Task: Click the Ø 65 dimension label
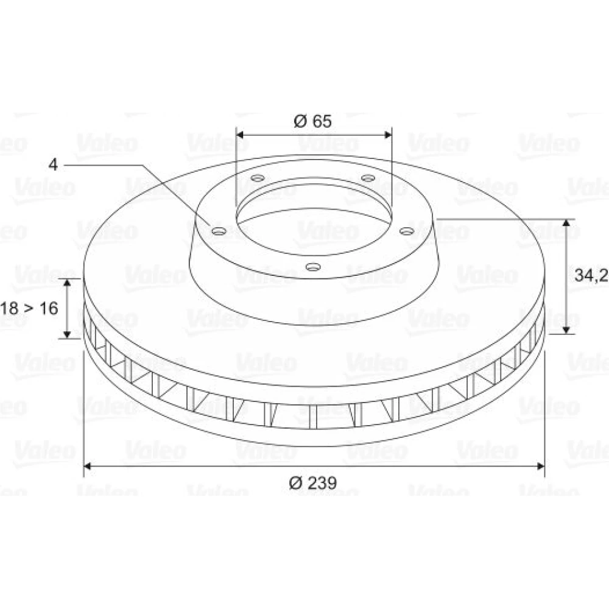click(x=313, y=121)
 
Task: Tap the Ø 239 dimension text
click(x=312, y=483)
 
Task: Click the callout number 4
click(x=53, y=164)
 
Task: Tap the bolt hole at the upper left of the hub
click(x=258, y=178)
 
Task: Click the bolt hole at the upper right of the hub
click(x=368, y=178)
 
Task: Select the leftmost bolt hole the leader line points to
click(x=219, y=231)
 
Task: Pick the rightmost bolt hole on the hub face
click(x=407, y=231)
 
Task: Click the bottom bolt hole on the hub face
click(x=313, y=267)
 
